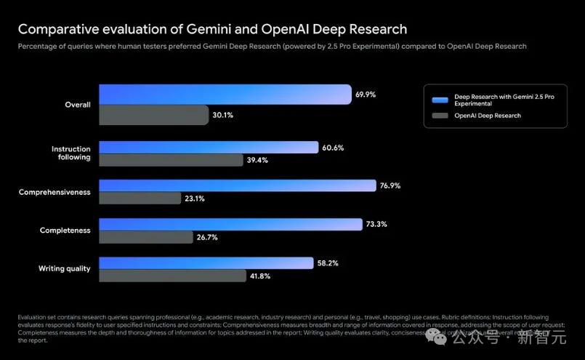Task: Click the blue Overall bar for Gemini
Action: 225,95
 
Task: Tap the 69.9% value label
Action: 366,95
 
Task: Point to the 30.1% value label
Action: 223,115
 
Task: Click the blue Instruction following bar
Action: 209,148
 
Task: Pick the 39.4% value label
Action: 257,161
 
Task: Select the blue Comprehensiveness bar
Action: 238,185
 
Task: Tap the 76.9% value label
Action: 390,185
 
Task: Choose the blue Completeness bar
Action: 230,224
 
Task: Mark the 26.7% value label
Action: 207,237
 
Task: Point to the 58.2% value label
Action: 328,263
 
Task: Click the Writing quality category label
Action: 64,269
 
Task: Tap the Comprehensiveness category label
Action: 55,192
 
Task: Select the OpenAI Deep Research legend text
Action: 487,116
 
